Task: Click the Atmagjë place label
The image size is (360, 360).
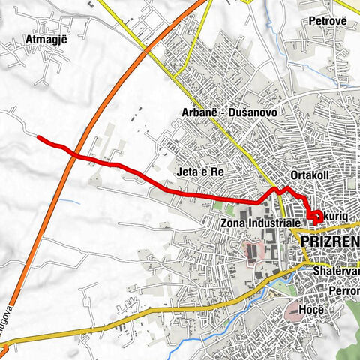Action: [x=46, y=40]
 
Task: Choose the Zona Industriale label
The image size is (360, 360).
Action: [x=261, y=223]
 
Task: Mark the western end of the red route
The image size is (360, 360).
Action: [x=38, y=137]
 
